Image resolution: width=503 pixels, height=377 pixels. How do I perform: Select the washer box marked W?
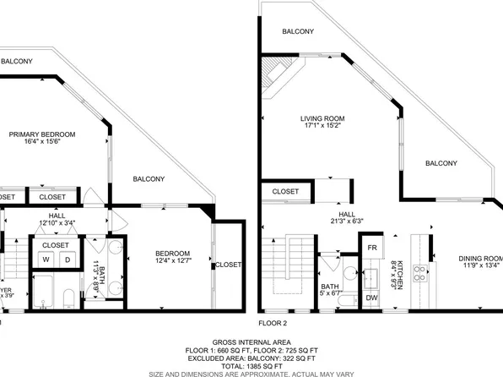pyautogui.click(x=46, y=260)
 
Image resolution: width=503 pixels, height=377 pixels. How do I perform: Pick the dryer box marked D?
pyautogui.click(x=68, y=260)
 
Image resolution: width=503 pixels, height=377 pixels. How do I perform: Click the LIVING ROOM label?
pyautogui.click(x=322, y=118)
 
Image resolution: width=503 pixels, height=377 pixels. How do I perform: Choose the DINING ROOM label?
pyautogui.click(x=479, y=259)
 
